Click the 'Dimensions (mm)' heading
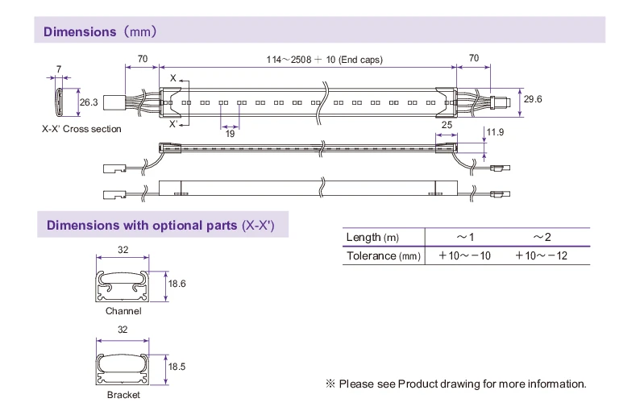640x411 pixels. click(99, 31)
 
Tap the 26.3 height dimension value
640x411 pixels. click(89, 102)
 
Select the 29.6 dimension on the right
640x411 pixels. click(533, 99)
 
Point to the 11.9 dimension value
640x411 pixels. click(495, 131)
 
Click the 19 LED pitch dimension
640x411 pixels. click(231, 133)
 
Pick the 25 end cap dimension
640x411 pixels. click(447, 126)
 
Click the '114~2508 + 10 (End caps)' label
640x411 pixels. click(324, 59)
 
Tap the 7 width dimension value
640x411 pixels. click(59, 70)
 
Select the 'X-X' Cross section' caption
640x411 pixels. click(81, 129)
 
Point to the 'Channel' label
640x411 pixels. click(123, 311)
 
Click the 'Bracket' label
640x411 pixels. click(123, 395)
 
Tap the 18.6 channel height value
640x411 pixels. click(177, 284)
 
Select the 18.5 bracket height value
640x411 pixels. click(177, 367)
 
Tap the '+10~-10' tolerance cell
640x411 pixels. click(464, 256)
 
